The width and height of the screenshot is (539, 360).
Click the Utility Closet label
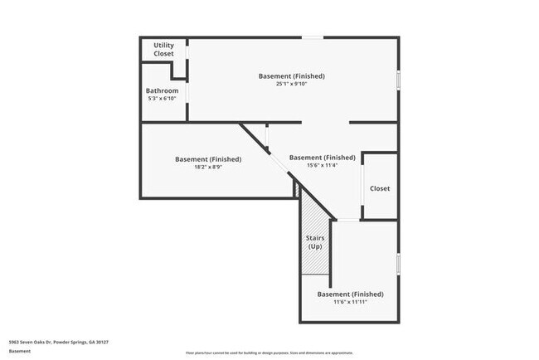click(163, 49)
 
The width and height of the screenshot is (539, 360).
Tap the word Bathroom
click(162, 90)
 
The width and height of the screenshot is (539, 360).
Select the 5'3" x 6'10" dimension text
click(162, 98)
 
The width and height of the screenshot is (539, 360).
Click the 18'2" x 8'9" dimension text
click(207, 167)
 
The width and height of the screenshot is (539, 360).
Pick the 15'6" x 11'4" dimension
click(322, 165)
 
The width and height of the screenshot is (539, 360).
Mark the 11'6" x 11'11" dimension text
click(350, 302)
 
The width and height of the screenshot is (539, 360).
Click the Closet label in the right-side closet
click(380, 188)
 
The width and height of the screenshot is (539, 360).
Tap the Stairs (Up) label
click(316, 242)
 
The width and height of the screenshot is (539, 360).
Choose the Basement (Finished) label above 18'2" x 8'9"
click(207, 159)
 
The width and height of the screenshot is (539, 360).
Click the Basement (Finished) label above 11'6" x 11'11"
click(350, 294)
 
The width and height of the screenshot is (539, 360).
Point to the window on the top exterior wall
click(312, 37)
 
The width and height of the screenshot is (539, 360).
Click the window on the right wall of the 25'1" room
click(399, 80)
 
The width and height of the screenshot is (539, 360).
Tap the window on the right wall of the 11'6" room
click(399, 263)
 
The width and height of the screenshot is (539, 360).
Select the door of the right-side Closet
click(364, 187)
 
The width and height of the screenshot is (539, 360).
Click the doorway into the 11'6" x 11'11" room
click(347, 220)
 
